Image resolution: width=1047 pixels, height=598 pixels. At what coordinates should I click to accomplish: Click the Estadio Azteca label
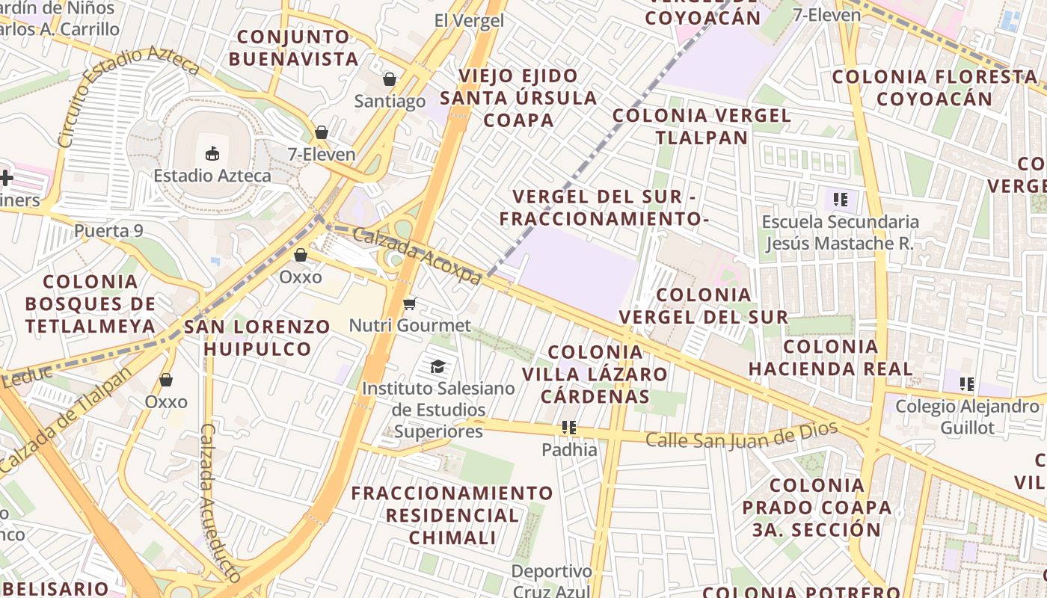(x=212, y=176)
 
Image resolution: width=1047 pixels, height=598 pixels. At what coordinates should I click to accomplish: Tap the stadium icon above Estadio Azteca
(x=212, y=154)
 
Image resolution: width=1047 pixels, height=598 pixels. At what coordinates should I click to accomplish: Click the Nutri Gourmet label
(x=410, y=326)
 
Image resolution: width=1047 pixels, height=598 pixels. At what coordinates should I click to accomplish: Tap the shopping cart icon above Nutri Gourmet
(x=409, y=303)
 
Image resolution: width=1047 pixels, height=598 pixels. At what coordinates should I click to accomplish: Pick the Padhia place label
(x=569, y=449)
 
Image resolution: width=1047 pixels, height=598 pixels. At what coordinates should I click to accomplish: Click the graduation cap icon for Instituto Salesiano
(x=437, y=366)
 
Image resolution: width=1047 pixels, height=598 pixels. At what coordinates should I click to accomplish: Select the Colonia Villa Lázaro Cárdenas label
(x=595, y=374)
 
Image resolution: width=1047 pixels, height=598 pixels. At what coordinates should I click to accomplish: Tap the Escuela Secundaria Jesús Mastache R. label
(x=840, y=232)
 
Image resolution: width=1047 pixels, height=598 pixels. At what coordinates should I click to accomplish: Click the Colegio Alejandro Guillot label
(x=967, y=417)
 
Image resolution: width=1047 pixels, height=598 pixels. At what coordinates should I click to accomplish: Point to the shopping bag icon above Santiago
(x=390, y=78)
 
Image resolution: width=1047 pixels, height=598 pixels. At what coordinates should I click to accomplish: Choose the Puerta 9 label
(x=108, y=231)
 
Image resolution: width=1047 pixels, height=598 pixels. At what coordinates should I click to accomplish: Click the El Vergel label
(x=469, y=21)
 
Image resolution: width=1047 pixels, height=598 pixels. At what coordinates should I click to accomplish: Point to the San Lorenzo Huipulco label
(x=257, y=338)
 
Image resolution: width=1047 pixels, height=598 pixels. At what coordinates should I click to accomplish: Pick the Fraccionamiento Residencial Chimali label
(x=452, y=515)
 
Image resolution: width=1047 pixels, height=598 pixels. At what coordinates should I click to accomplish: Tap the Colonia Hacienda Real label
(x=830, y=357)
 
